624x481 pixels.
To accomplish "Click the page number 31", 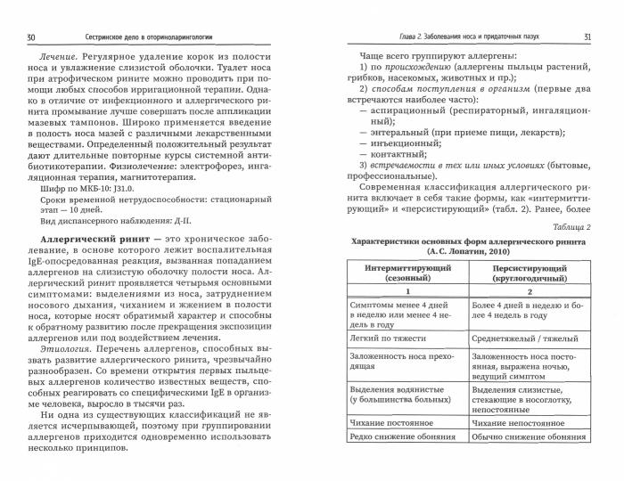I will click(x=587, y=37).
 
